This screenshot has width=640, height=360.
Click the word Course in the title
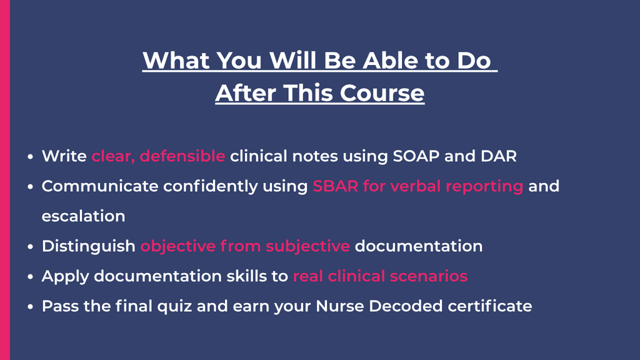pos(382,93)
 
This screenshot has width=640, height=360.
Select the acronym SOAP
pos(416,156)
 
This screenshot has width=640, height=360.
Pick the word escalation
pos(83,216)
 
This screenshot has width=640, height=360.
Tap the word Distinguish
pos(89,246)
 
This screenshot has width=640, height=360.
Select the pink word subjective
pos(307,246)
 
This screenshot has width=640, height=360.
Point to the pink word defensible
pos(182,156)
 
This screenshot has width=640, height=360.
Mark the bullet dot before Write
pos(30,156)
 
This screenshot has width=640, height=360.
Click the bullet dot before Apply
pos(30,276)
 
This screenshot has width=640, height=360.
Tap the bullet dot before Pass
pos(30,306)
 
